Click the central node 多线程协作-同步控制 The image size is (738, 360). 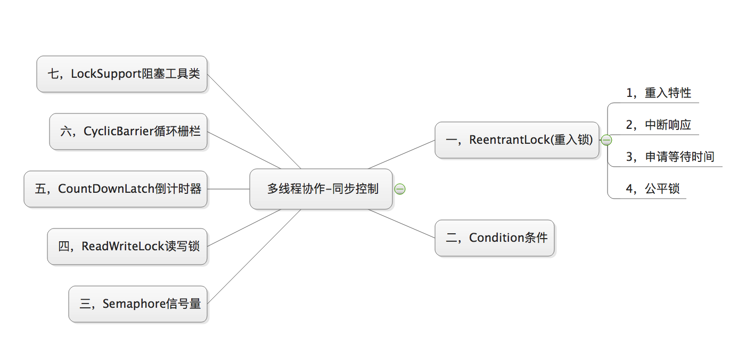tap(321, 189)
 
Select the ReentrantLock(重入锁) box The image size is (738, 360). tap(517, 140)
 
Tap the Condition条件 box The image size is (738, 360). tap(495, 238)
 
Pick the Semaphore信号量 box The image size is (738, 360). tap(138, 304)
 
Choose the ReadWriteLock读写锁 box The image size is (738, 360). tap(127, 247)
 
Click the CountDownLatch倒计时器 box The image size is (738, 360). tap(116, 189)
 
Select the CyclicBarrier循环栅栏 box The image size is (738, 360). tap(128, 132)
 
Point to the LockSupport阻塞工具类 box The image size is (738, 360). tap(122, 74)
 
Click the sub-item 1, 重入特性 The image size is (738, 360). tap(659, 93)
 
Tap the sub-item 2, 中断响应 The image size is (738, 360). tap(659, 125)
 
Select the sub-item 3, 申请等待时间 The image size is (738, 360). tap(670, 157)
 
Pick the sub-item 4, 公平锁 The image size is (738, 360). tap(653, 189)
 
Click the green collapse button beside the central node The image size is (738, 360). tap(400, 189)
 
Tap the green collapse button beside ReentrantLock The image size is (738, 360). tap(606, 140)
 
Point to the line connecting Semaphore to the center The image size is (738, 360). tap(254, 257)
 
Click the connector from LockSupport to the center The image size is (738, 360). tap(254, 121)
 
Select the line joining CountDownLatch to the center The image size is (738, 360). tap(228, 189)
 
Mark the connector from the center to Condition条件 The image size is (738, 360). tap(401, 224)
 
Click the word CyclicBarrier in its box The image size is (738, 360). tap(119, 132)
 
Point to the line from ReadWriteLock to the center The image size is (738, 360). tap(244, 228)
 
